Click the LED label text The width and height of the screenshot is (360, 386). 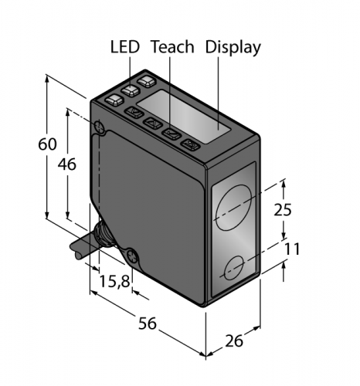125,47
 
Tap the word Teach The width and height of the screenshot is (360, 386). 172,47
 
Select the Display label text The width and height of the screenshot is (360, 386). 233,48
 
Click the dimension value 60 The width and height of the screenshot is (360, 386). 47,144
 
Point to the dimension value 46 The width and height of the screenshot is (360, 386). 67,164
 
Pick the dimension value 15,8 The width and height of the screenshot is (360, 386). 114,281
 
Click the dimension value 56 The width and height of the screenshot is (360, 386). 148,323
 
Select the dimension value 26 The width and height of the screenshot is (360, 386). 234,341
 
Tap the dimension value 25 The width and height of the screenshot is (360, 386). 283,210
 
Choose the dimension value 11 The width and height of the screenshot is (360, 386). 292,249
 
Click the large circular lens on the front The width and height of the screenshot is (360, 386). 234,207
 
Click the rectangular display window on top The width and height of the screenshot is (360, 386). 183,117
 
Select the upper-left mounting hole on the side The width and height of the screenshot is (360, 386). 100,127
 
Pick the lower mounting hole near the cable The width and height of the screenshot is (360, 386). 132,256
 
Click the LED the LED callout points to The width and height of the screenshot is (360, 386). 131,90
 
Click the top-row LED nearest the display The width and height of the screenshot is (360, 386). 147,81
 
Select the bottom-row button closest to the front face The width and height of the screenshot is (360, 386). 191,144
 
